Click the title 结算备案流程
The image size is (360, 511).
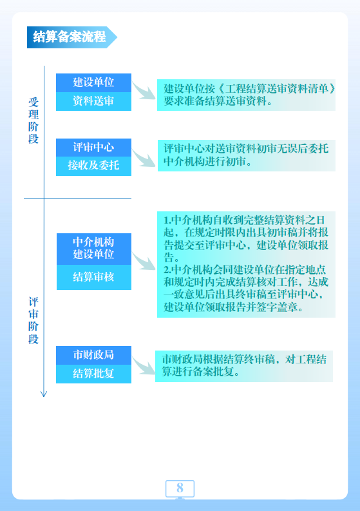(70, 37)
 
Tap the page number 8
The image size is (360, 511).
(180, 488)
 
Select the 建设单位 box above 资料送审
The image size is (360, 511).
(93, 82)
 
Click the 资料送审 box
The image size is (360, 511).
(93, 101)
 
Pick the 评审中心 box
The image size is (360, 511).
(93, 148)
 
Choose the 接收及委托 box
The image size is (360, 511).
(93, 166)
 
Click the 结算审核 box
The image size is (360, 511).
(94, 277)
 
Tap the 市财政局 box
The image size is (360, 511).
(93, 355)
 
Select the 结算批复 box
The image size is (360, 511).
(93, 374)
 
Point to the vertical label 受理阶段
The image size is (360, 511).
(33, 121)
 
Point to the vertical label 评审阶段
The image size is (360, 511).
(33, 320)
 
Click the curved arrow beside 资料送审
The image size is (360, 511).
(144, 91)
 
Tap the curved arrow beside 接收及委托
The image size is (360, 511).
(144, 159)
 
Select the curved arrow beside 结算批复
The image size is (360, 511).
(144, 365)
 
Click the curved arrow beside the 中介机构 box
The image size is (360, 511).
(144, 261)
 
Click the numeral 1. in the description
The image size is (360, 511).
(167, 220)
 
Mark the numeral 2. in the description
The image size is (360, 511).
(167, 270)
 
